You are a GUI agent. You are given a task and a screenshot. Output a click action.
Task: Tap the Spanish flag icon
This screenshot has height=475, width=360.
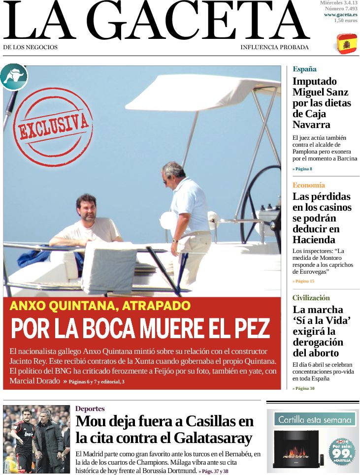click(347, 44)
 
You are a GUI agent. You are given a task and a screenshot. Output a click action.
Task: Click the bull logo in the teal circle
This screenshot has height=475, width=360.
click(14, 77)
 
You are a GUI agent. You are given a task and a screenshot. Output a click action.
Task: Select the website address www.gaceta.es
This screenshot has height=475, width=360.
click(341, 15)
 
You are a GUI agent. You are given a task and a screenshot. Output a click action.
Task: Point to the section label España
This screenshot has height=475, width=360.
click(304, 69)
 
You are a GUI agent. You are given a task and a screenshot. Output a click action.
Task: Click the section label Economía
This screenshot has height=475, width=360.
click(309, 185)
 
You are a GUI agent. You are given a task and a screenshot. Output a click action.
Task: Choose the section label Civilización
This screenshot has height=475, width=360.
click(311, 298)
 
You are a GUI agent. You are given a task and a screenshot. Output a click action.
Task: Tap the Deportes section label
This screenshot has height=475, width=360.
click(90, 409)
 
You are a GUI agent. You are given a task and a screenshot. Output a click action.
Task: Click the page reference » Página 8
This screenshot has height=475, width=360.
click(302, 169)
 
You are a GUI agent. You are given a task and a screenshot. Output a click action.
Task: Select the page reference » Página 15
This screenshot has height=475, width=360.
click(303, 281)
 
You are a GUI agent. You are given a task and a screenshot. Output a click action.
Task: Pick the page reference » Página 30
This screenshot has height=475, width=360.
click(303, 388)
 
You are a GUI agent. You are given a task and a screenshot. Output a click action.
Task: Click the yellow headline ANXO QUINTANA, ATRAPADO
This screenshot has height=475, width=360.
click(100, 306)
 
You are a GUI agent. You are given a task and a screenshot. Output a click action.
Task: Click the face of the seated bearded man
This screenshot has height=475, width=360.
click(87, 209)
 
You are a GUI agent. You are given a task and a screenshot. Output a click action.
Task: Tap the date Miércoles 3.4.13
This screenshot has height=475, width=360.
click(338, 3)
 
